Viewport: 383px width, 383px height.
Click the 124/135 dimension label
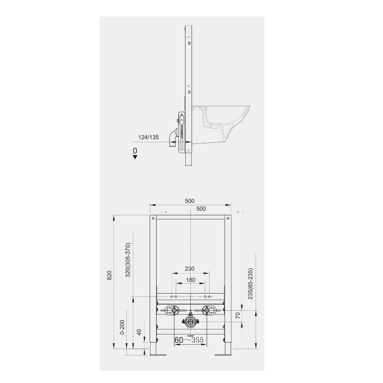(x=149, y=137)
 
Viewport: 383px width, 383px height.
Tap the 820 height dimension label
(x=109, y=275)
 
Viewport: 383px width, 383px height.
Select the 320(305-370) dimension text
(x=128, y=260)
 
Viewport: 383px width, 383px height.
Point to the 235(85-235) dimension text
(x=250, y=283)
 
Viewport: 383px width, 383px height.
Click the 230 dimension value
(x=190, y=269)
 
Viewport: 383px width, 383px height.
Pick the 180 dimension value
(x=190, y=280)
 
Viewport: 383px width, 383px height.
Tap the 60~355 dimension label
(x=189, y=340)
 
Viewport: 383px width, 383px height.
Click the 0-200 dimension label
(x=123, y=327)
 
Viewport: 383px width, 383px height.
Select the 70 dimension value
(x=238, y=315)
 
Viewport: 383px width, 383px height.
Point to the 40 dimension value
(x=139, y=332)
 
